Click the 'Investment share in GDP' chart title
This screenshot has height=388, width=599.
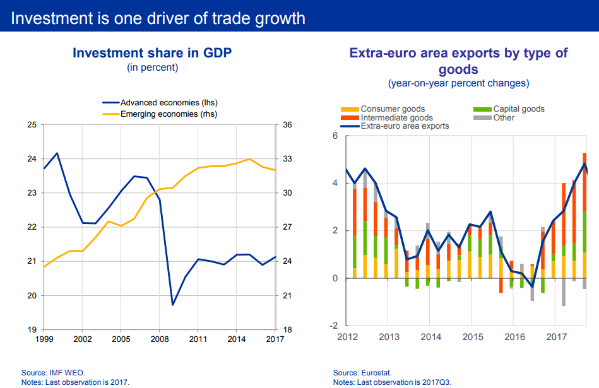click(x=152, y=52)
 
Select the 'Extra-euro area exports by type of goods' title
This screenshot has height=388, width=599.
click(x=458, y=61)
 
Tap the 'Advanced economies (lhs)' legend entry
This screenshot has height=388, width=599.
click(x=169, y=102)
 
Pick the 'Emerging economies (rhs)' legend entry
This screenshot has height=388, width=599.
click(x=169, y=114)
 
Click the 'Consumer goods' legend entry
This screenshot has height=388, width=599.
click(x=392, y=109)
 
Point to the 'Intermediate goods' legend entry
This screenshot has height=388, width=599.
click(x=396, y=117)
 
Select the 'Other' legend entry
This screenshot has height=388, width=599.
click(x=504, y=117)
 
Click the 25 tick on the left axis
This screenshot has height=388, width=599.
click(x=31, y=125)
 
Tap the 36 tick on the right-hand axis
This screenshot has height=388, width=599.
click(x=287, y=125)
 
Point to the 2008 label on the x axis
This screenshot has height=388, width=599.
click(x=160, y=339)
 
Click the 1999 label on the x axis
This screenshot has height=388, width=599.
click(x=44, y=339)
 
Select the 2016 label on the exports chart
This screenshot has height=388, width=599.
click(x=514, y=337)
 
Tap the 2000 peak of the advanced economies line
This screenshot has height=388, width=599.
click(x=57, y=153)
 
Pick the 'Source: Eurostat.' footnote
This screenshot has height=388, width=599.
click(x=362, y=373)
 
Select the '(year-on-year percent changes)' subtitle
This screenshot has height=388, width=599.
click(x=458, y=83)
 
